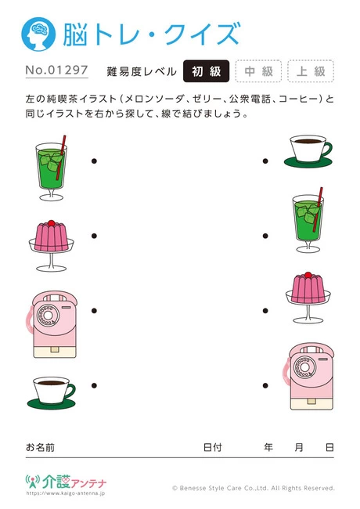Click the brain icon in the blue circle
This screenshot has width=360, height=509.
[38, 35]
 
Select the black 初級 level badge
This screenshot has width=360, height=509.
[206, 71]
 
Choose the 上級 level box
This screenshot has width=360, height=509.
[311, 71]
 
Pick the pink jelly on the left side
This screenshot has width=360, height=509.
[51, 237]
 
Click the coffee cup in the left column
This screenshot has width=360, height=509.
[51, 391]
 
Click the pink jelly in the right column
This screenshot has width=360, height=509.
[308, 295]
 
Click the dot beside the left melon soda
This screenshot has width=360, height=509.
[94, 162]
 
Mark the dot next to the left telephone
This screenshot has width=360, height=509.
[94, 311]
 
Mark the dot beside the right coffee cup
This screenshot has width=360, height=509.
[265, 162]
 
